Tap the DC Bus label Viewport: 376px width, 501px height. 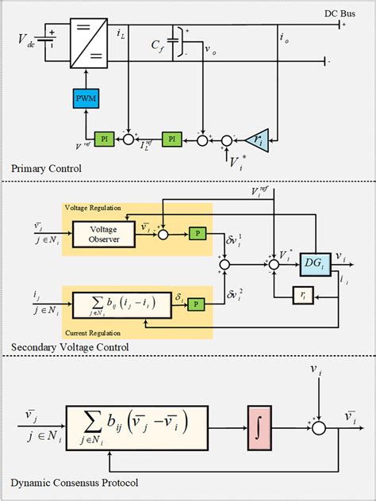[x=341, y=13]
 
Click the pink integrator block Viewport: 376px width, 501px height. [x=259, y=427]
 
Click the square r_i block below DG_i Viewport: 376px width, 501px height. [x=305, y=292]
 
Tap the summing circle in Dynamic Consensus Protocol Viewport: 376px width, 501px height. [x=319, y=427]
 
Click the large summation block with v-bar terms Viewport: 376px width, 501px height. [x=137, y=427]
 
